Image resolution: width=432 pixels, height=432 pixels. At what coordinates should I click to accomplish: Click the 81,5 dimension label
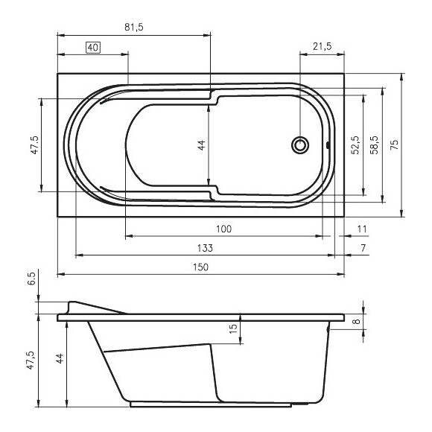134,27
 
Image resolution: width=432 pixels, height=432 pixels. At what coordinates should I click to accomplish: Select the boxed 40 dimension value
93,48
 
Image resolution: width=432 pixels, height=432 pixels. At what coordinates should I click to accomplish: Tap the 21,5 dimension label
322,46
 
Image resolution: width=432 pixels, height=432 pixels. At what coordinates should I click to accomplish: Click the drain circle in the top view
300,145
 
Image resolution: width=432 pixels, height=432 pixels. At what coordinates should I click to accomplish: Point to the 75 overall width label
395,144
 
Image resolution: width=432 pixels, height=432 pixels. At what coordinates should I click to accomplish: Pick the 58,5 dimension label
375,145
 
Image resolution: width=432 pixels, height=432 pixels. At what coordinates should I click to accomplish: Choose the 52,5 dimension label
356,145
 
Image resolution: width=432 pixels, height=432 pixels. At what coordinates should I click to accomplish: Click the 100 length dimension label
223,229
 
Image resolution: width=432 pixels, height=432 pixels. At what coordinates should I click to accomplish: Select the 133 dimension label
205,248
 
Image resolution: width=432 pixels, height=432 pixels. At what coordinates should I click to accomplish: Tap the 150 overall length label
200,267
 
